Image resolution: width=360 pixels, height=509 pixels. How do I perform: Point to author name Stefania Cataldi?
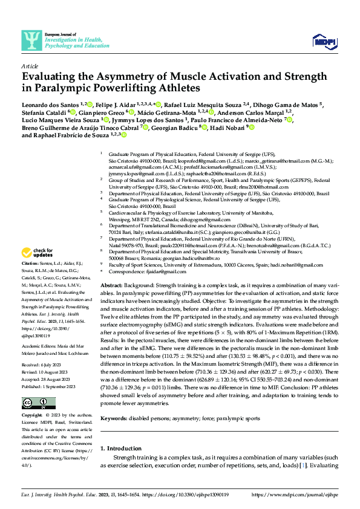pyautogui.click(x=44, y=112)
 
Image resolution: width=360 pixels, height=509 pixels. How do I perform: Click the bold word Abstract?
pyautogui.click(x=113, y=285)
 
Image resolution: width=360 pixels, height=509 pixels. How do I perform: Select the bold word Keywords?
pyautogui.click(x=114, y=401)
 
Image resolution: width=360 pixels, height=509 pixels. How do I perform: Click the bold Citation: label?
pyautogui.click(x=30, y=282)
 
